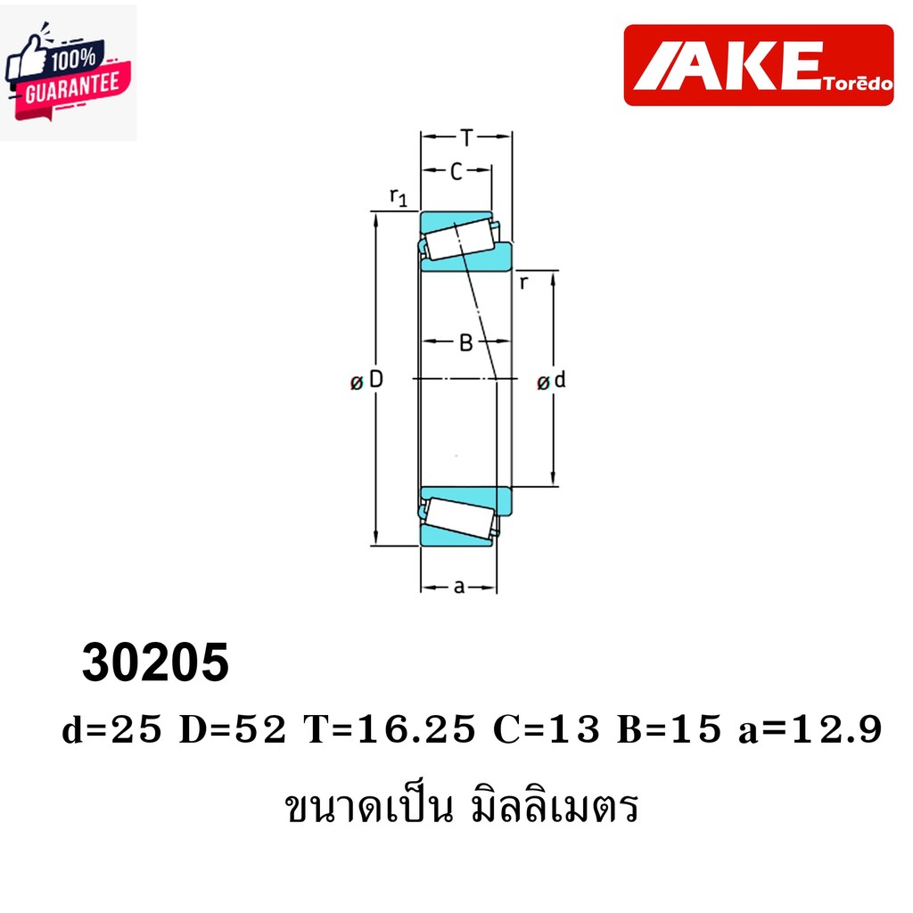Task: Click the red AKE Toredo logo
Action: (x=758, y=65)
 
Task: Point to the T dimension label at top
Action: (x=466, y=137)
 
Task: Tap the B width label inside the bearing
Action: (x=465, y=342)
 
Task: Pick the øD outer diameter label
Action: (x=367, y=381)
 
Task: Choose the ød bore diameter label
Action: (x=552, y=382)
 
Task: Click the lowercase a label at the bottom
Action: (x=459, y=586)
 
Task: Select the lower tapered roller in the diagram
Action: (x=459, y=516)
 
